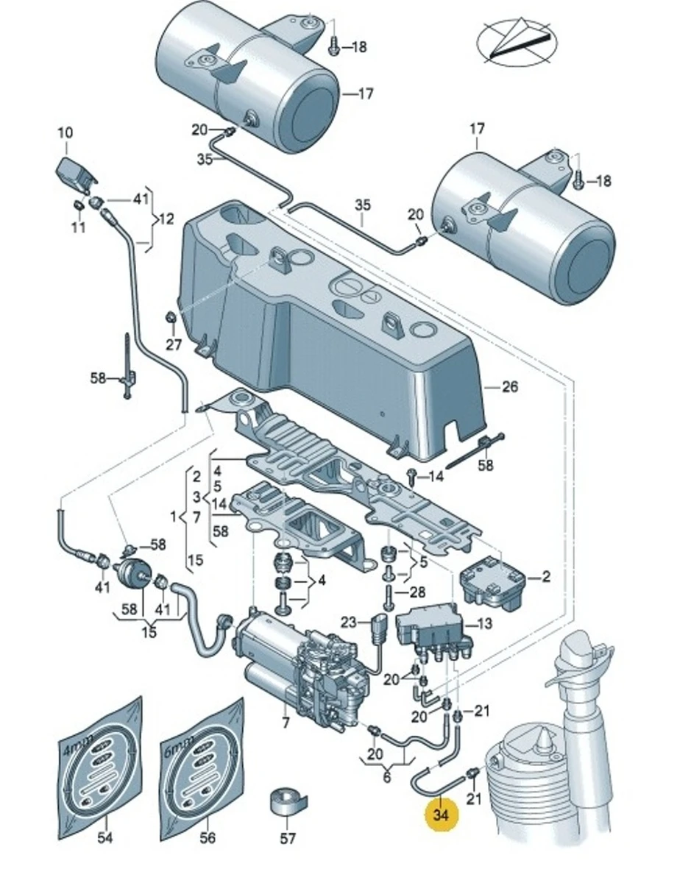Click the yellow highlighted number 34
441,815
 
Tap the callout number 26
510,387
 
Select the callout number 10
65,133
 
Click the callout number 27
173,344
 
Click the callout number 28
417,592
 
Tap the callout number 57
288,838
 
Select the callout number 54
105,838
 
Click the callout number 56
208,838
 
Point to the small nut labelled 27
170,318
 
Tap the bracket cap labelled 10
74,171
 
